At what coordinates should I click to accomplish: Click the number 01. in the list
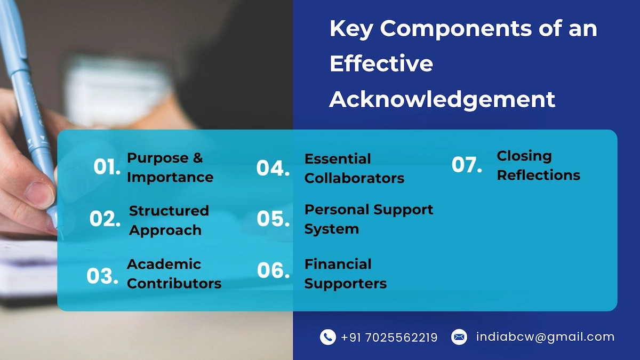pos(107,166)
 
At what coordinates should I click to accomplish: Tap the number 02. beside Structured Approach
pos(105,219)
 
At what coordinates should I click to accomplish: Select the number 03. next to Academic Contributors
pos(102,276)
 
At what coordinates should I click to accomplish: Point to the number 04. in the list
pos(273,167)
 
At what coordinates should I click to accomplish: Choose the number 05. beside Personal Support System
pos(273,219)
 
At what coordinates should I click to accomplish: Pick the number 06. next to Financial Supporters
pos(274,270)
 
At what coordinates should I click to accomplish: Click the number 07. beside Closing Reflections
pos(467,165)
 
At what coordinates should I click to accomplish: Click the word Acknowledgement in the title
pos(442,100)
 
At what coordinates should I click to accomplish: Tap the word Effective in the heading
pos(381,63)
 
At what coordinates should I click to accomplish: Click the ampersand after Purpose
pos(198,158)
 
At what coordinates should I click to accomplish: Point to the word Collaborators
pos(354,178)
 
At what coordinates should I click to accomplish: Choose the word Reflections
pos(539,175)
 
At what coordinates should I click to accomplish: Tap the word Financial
pos(338,264)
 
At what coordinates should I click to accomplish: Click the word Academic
pos(164,264)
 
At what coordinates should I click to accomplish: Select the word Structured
pos(169,211)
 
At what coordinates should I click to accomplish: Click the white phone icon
pos(327,337)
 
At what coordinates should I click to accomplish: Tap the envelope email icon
pos(459,337)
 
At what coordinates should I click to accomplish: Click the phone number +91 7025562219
pos(389,338)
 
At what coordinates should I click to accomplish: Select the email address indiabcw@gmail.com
pos(545,337)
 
